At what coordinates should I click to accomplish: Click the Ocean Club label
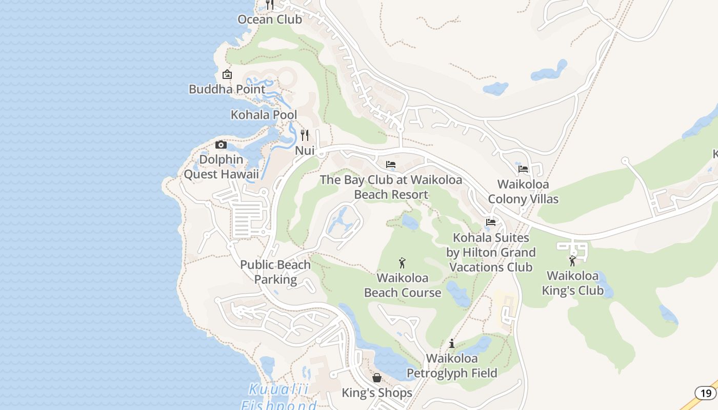point(270,19)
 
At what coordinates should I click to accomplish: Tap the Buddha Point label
point(227,89)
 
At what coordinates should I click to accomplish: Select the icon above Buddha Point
point(227,75)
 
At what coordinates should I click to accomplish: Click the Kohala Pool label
point(264,115)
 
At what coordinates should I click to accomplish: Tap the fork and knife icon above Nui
point(305,135)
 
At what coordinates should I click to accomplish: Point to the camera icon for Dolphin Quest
point(221,145)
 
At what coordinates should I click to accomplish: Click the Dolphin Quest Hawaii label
point(221,167)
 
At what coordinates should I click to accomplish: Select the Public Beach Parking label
point(275,272)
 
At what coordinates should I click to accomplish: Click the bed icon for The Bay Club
point(391,165)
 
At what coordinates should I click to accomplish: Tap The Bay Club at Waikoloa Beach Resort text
point(391,188)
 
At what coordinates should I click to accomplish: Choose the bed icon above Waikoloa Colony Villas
point(523,169)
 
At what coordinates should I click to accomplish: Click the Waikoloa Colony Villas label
point(523,192)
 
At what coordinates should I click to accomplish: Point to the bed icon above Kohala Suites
point(491,222)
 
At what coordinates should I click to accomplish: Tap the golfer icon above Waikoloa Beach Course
point(402,263)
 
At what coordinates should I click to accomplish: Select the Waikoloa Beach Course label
point(403,285)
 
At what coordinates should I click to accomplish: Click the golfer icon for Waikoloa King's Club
point(572,261)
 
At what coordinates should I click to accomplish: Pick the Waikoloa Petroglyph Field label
point(452,366)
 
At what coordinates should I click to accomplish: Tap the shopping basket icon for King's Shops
point(377,378)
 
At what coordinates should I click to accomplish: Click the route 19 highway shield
point(706,393)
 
